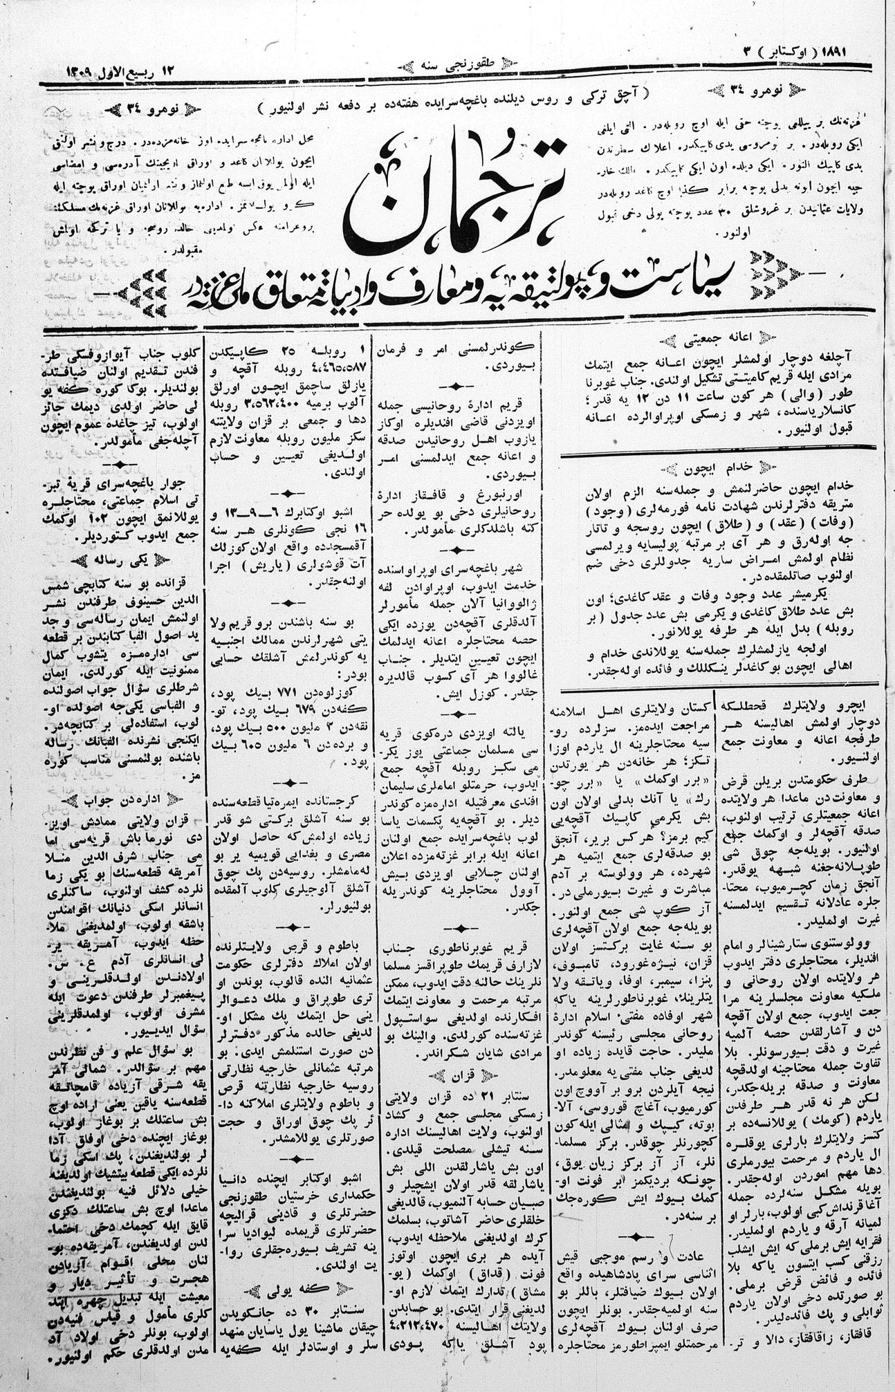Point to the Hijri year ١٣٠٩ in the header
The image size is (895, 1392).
77,71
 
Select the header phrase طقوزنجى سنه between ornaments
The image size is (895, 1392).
437,67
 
